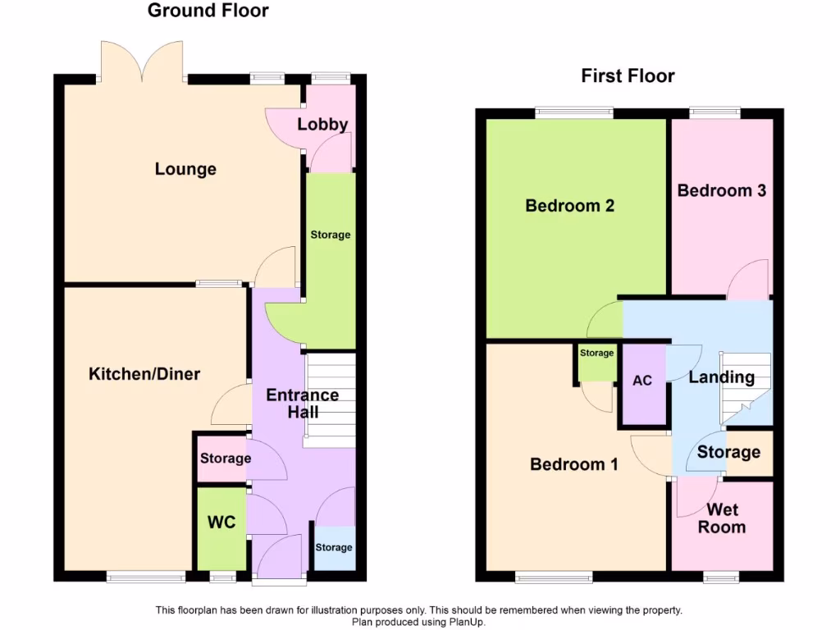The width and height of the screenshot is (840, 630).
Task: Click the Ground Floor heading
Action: [208, 11]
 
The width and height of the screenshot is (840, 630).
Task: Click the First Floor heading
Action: [628, 76]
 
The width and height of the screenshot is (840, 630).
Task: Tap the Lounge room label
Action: [185, 169]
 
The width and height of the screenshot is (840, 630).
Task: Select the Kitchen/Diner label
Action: [144, 374]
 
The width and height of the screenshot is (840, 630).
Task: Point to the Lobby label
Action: [322, 125]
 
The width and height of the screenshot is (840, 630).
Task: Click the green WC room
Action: [221, 523]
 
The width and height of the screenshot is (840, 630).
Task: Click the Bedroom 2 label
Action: [569, 205]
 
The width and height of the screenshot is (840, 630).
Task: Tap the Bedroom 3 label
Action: [721, 190]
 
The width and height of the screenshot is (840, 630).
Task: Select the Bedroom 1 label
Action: [573, 464]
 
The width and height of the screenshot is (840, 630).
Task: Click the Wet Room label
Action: [722, 518]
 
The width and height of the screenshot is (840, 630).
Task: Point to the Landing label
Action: [721, 377]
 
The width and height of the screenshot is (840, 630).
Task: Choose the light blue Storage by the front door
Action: [334, 547]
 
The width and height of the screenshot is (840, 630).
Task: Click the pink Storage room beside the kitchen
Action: [222, 459]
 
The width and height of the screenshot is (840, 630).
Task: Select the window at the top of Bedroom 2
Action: [575, 112]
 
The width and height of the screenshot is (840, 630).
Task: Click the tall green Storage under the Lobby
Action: [330, 246]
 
